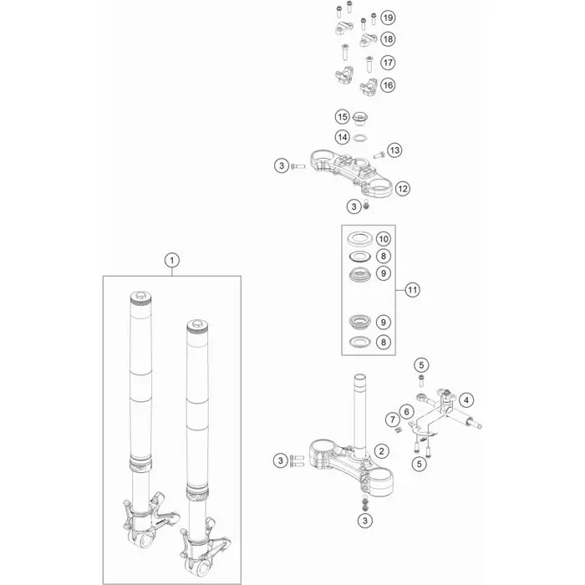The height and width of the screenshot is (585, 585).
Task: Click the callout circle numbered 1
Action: pos(172,260)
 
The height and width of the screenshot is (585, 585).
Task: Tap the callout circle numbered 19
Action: pos(388,18)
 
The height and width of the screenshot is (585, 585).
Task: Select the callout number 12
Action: pos(402,188)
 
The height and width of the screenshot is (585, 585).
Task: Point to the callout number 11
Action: pos(412,290)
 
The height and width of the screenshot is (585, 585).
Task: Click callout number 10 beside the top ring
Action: pos(383,239)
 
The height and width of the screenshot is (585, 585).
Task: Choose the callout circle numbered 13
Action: pos(394,150)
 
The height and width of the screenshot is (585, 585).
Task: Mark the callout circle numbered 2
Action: pos(381,451)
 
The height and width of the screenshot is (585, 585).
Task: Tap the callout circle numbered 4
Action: pos(466,400)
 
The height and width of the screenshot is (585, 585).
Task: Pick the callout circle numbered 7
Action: pos(393,420)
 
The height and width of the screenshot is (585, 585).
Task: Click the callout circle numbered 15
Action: pos(342,117)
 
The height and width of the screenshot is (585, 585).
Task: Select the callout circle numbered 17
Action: pos(388,63)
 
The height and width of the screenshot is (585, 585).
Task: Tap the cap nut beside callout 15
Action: pos(360,119)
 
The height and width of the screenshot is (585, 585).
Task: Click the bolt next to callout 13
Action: pos(379,155)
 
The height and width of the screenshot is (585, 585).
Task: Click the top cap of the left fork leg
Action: pos(141,296)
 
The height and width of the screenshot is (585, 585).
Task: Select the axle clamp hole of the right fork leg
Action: pos(202,568)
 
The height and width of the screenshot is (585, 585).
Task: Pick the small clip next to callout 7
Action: pos(398,430)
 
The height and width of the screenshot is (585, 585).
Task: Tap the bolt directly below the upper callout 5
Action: pos(421,381)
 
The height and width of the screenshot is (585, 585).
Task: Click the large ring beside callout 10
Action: pos(359,239)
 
